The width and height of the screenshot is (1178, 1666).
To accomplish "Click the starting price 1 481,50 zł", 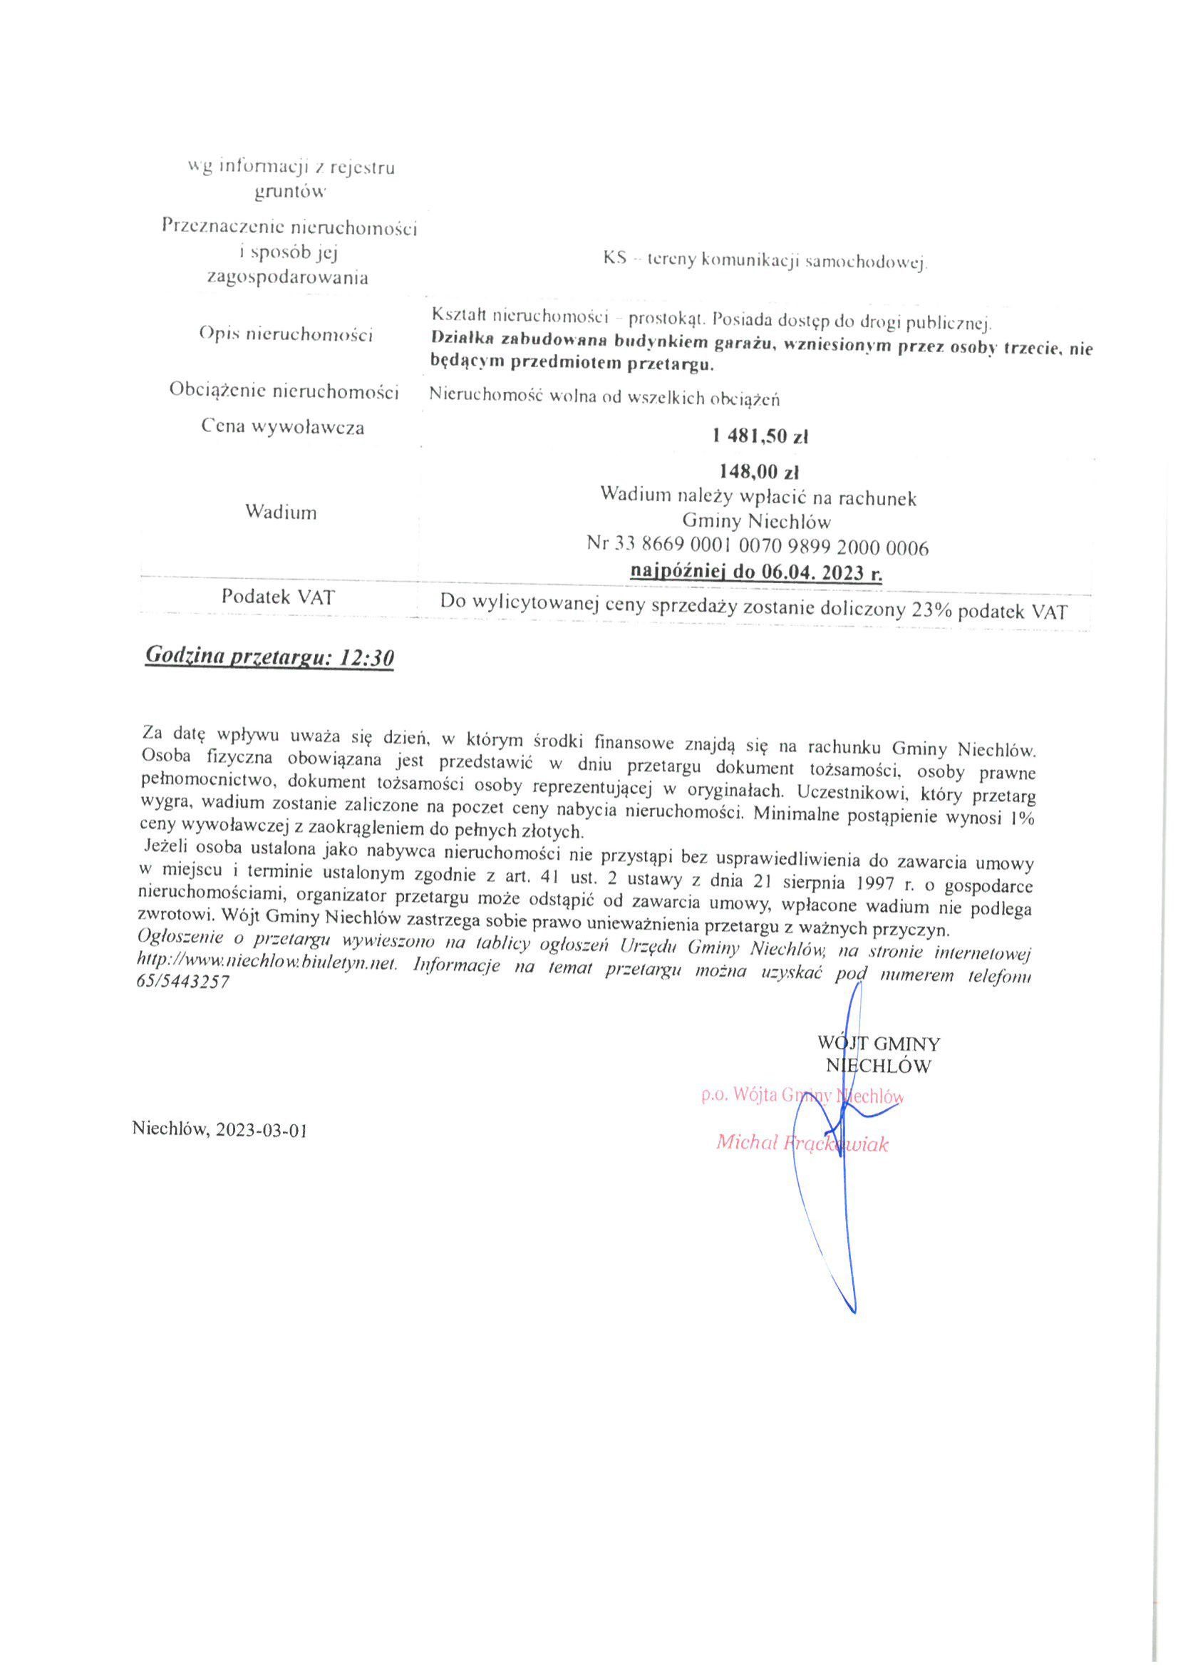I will pos(760,437).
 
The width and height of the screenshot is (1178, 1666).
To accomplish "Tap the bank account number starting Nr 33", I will pos(758,547).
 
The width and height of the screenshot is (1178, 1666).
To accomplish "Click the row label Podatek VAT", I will pos(279,597).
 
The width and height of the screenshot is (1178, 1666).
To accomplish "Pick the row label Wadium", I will pos(281,513).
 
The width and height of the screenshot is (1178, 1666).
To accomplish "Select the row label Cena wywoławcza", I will pos(283,426).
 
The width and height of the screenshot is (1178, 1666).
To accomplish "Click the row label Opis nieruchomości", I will pos(286,334).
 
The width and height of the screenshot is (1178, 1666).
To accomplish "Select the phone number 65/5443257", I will pos(182,982).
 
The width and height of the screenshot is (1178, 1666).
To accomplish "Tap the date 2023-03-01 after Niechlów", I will pos(261,1130).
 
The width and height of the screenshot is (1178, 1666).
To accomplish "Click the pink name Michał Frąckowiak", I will pos(802,1143).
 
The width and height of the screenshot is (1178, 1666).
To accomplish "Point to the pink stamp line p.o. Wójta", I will pos(802,1095).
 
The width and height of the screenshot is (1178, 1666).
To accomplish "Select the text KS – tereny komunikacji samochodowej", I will pos(765,260).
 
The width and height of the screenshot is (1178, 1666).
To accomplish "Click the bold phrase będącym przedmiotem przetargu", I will pos(572,364).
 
